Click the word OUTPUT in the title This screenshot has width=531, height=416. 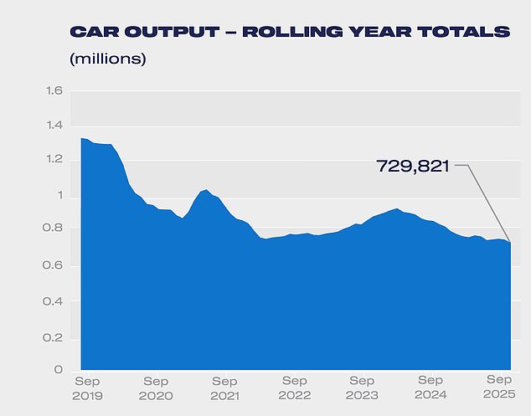point(162,32)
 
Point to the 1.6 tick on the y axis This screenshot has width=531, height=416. point(54,90)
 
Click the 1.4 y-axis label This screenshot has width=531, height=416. point(54,126)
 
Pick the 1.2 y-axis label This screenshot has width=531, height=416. point(54,160)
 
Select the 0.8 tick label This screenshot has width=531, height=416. point(54,229)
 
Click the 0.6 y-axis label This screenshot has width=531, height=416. point(54,265)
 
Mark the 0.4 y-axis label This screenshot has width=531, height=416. point(54,300)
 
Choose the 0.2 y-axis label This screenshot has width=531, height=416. point(54,336)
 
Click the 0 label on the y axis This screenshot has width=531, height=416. point(59,370)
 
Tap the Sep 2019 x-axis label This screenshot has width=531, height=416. point(88,388)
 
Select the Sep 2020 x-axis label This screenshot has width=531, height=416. point(157,388)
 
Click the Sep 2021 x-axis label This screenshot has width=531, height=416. point(225,388)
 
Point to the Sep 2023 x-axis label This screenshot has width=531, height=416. point(362,388)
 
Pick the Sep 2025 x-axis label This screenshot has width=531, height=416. point(499,388)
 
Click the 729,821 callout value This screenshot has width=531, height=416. point(413,167)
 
